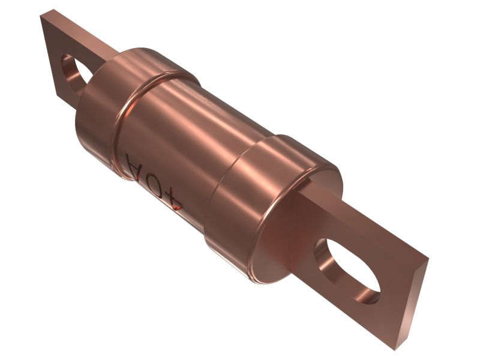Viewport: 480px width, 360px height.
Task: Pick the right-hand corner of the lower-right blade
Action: coord(428,260)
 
